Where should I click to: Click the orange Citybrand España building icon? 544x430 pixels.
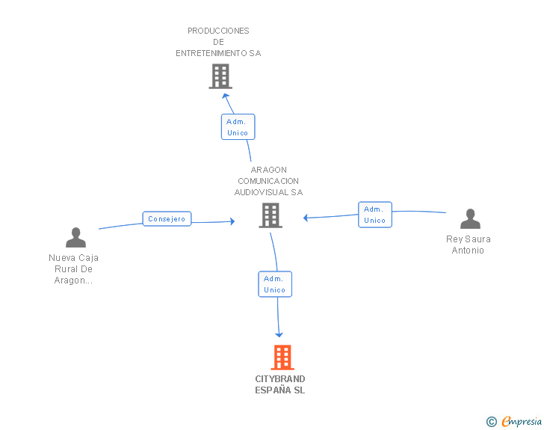[282, 357]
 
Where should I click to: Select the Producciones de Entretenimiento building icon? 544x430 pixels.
[220, 76]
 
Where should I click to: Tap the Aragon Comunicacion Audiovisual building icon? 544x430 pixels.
[271, 215]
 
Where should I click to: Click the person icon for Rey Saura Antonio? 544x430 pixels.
[470, 218]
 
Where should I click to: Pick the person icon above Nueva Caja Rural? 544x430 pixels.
[75, 237]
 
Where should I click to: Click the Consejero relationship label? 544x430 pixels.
[167, 219]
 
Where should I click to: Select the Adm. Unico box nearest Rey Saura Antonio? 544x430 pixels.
[375, 215]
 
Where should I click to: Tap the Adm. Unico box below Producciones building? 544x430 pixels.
[238, 127]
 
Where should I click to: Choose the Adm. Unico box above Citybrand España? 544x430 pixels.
[275, 284]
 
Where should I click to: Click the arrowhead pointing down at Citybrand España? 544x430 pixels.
[279, 335]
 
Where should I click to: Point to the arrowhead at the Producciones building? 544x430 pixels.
[225, 96]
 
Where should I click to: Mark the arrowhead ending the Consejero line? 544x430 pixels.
[232, 221]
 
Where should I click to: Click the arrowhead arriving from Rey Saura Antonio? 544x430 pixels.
[306, 218]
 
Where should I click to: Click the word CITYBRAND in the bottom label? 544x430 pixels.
[280, 379]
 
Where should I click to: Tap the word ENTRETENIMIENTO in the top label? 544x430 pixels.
[211, 53]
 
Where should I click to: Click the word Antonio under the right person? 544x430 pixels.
[468, 251]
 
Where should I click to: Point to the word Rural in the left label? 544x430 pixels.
[64, 269]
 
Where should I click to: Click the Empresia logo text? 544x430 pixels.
[522, 421]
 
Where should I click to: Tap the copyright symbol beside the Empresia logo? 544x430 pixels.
[492, 422]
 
